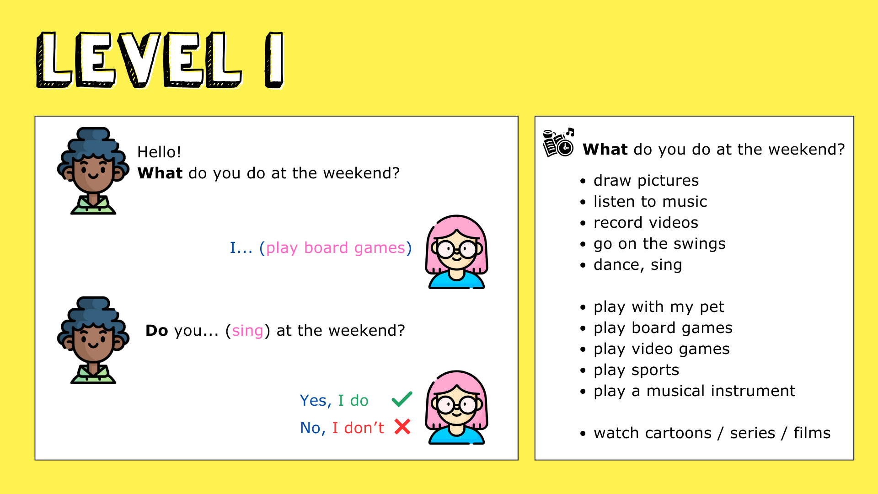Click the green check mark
click(x=402, y=399)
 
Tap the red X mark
click(x=402, y=427)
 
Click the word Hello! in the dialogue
click(x=159, y=152)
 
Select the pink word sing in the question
click(x=247, y=331)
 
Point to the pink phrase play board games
click(x=336, y=248)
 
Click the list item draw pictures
click(x=646, y=181)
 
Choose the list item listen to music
click(x=650, y=202)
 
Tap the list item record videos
click(x=646, y=223)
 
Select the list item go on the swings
click(x=659, y=244)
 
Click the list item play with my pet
click(x=659, y=307)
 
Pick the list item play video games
click(x=662, y=349)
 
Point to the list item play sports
click(x=637, y=370)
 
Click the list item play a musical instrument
click(x=695, y=391)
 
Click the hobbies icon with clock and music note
click(x=558, y=142)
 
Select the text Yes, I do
click(x=334, y=401)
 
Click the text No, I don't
click(x=342, y=428)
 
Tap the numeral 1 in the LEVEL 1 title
click(x=274, y=60)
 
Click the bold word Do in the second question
click(x=157, y=331)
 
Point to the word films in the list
click(x=812, y=433)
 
